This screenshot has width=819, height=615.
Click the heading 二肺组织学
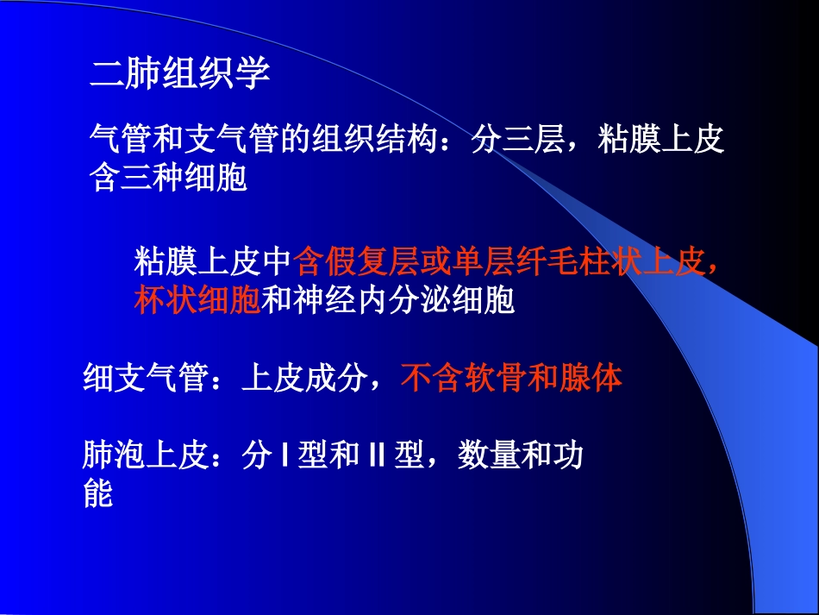point(180,75)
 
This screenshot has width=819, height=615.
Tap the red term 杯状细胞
point(197,299)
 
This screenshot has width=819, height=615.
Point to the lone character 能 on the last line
point(98,493)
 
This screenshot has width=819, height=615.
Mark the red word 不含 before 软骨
point(431,379)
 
